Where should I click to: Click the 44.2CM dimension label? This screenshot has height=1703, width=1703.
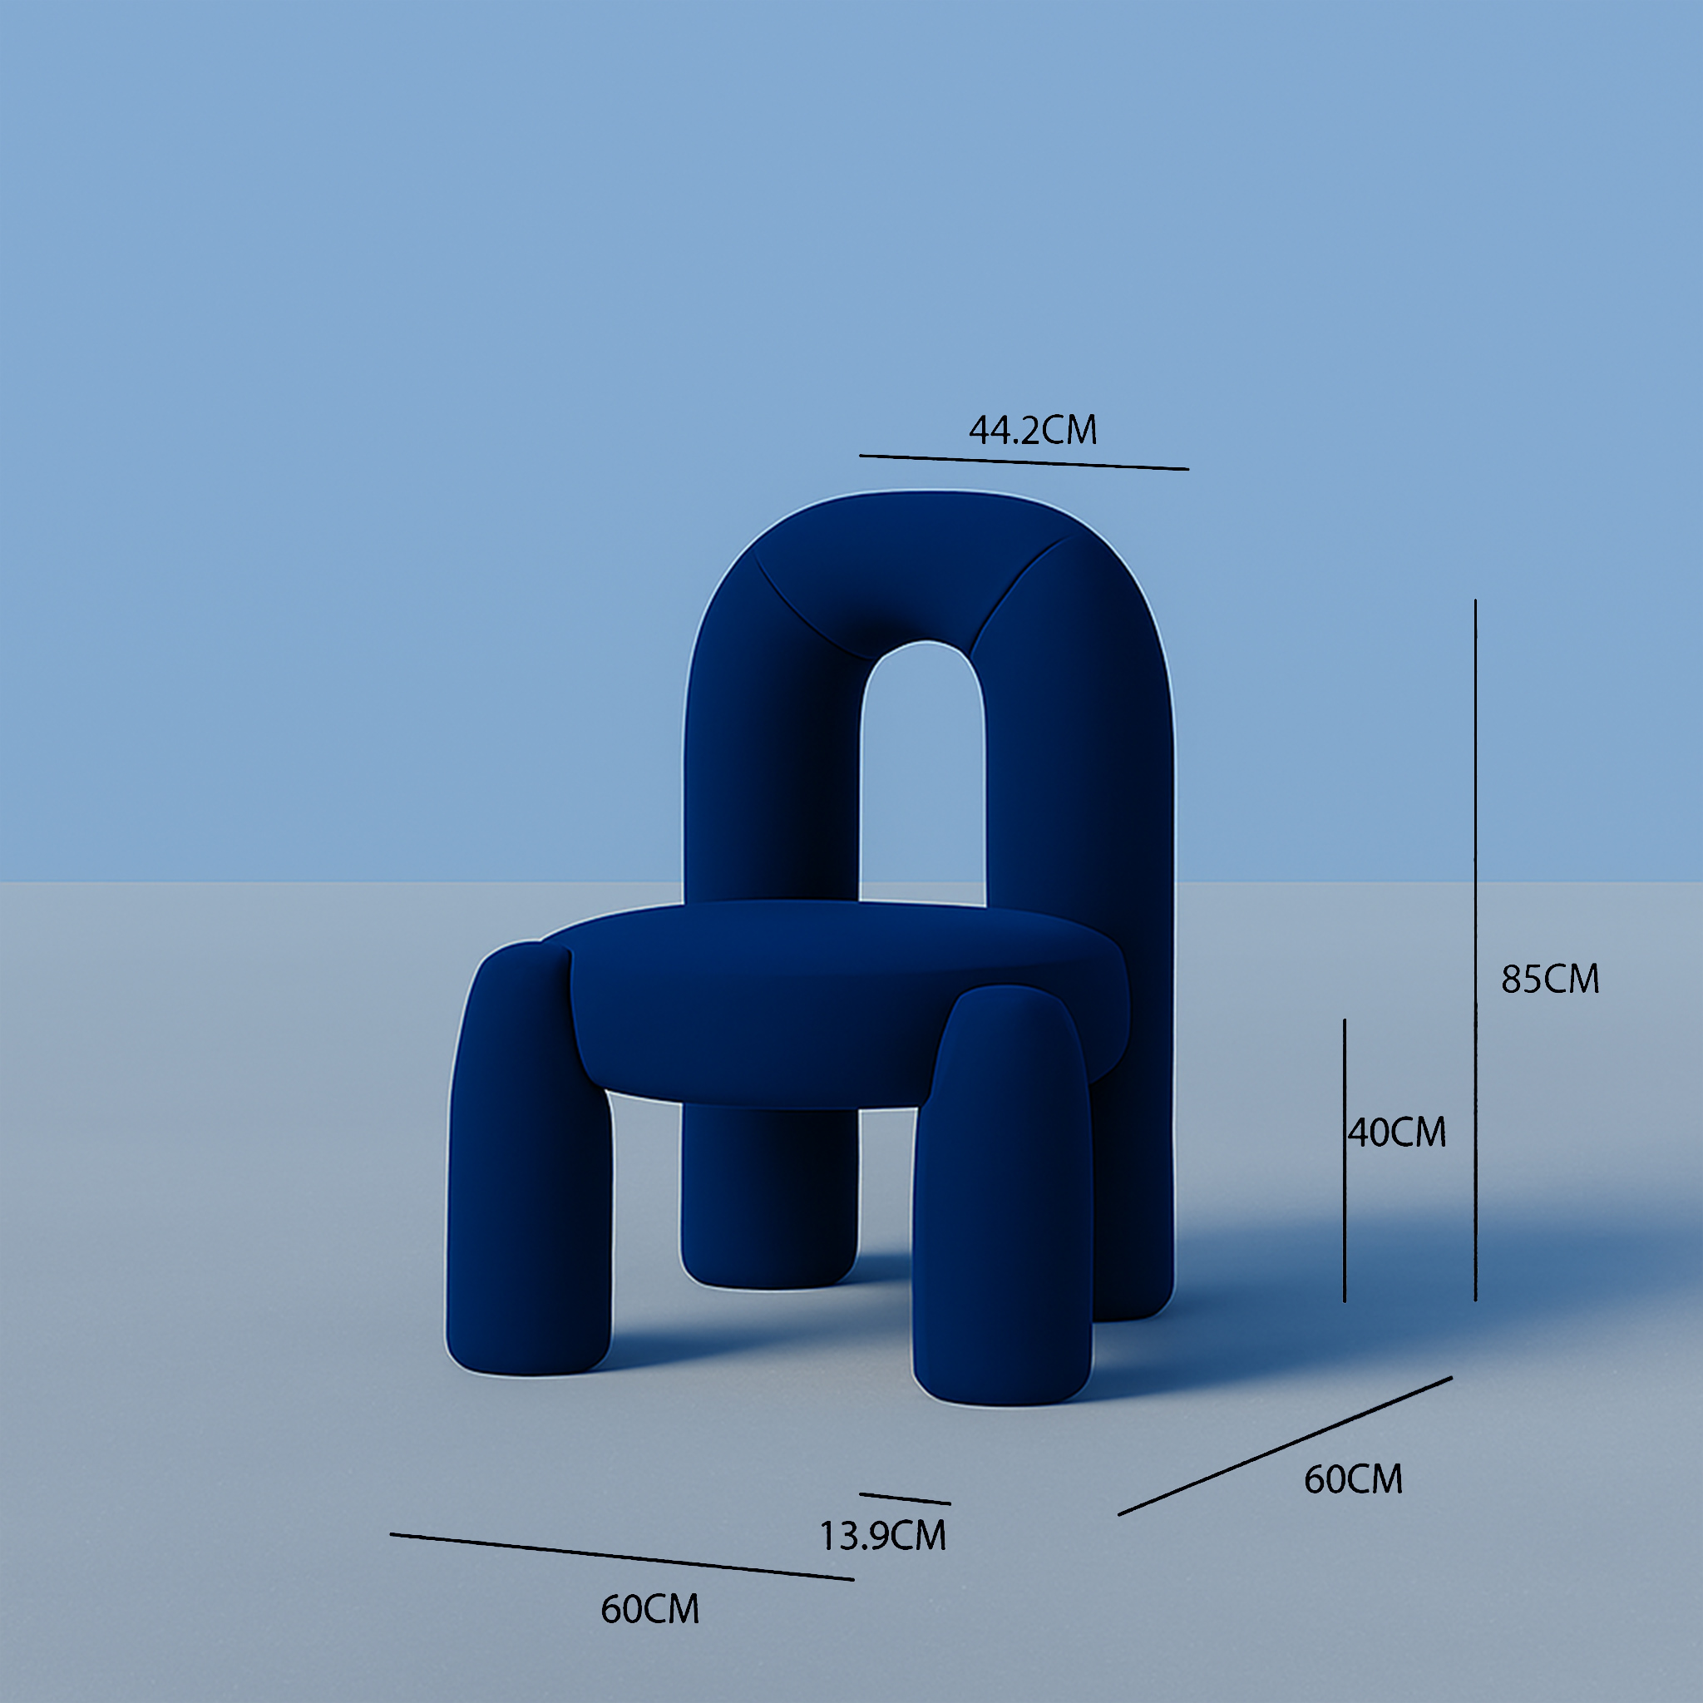[1032, 430]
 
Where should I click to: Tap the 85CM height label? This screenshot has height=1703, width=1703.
[1550, 980]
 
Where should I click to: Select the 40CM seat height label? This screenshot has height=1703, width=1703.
[1398, 1133]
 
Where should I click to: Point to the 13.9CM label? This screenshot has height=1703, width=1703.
[882, 1537]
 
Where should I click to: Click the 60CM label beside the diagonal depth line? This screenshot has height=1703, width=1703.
[1353, 1479]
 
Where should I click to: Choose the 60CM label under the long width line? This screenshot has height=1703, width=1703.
[649, 1610]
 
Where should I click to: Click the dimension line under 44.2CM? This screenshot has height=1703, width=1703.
[1024, 462]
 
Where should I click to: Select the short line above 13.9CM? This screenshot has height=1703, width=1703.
[905, 1498]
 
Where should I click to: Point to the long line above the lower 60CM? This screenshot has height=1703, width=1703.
[621, 1557]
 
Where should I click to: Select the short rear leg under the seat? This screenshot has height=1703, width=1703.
[768, 1207]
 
